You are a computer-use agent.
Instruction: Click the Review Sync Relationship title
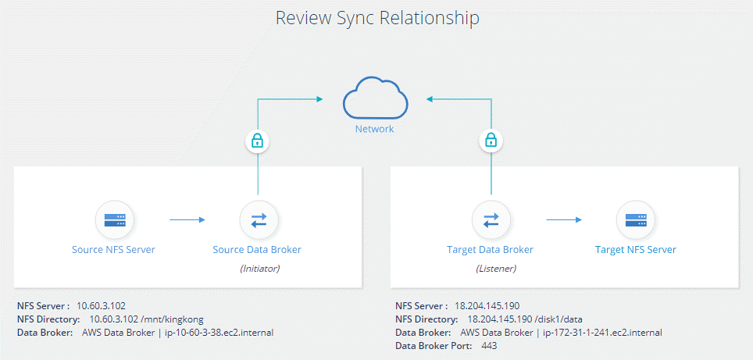click(376, 18)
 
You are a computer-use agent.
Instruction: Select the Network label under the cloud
click(376, 129)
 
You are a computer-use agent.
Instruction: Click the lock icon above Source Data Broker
click(257, 141)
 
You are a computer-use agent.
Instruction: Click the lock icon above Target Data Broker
click(491, 141)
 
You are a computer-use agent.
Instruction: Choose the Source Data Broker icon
click(257, 219)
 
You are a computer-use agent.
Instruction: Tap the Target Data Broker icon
click(491, 219)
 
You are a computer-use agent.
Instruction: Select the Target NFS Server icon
click(636, 219)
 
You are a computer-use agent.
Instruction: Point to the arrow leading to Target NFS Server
click(563, 220)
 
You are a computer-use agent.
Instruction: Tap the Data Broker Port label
click(432, 346)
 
